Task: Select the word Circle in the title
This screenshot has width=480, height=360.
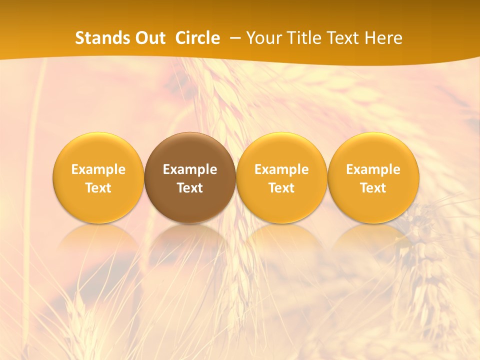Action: (197, 38)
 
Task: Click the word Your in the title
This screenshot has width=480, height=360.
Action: (263, 38)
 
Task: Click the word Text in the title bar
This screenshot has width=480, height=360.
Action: (342, 38)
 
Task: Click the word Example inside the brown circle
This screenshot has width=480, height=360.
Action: (190, 169)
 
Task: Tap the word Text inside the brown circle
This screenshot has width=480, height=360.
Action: (190, 188)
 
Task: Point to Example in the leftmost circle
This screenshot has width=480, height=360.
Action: (98, 169)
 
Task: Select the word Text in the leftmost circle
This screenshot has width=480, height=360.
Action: (98, 188)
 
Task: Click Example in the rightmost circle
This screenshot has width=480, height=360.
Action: (373, 169)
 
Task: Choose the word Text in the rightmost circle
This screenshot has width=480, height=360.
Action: (373, 188)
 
